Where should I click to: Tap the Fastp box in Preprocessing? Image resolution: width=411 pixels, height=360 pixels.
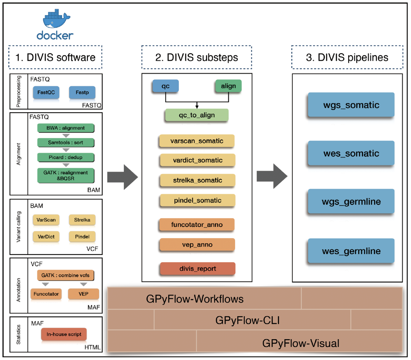tap(82, 92)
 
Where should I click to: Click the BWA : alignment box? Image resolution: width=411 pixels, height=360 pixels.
tap(65, 128)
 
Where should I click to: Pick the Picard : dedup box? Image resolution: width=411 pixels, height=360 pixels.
tap(65, 158)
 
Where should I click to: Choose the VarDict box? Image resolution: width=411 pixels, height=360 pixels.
tap(46, 236)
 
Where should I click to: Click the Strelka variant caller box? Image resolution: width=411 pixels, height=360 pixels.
tap(82, 220)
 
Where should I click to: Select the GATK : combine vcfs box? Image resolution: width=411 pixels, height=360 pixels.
tap(65, 275)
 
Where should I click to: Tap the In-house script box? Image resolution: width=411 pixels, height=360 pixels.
tap(64, 334)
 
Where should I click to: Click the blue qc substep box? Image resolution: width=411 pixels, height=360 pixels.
tap(165, 86)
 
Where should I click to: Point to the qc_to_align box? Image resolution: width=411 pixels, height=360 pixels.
tap(196, 115)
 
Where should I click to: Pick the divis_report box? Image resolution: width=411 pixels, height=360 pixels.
tap(198, 269)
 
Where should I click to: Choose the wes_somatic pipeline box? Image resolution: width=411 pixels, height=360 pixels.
tap(351, 153)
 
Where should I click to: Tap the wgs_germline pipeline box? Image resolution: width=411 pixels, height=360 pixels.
tap(351, 201)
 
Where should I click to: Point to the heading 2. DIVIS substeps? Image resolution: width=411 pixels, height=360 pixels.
tap(196, 57)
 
